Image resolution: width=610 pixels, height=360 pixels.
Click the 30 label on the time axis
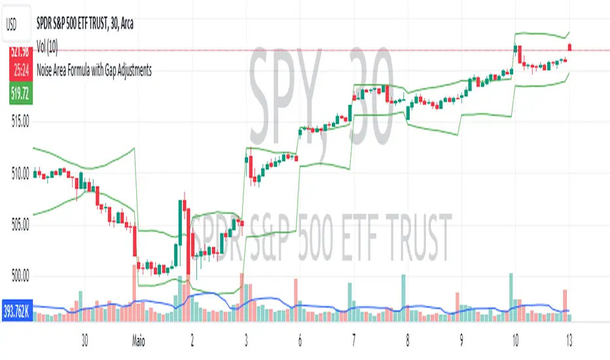84,340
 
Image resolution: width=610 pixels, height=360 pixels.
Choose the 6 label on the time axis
299,340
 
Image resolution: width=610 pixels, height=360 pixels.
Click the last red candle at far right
570,46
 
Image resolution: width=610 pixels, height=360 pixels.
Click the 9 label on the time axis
461,340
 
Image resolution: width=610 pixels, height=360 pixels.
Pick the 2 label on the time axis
192,340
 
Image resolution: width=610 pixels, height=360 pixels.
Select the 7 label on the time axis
353,340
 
